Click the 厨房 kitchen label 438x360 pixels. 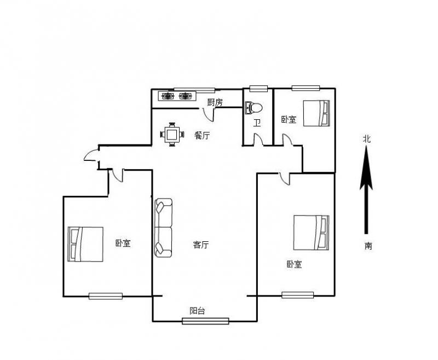[215, 102]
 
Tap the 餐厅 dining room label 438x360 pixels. [202, 135]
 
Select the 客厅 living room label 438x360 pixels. [201, 245]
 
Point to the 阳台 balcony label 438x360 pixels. [197, 311]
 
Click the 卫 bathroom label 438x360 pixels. [257, 123]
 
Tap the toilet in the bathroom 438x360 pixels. [253, 108]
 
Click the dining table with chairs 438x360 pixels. [172, 135]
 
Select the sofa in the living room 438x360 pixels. [163, 228]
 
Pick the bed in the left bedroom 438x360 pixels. [85, 244]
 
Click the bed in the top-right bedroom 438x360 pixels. [316, 113]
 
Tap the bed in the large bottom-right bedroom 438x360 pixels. [311, 233]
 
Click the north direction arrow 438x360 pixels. [366, 190]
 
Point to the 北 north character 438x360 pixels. [367, 139]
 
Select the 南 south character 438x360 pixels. [368, 246]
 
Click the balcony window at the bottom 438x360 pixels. [205, 321]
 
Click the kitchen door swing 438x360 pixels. [209, 114]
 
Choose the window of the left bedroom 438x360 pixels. [106, 296]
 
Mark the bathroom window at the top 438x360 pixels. [258, 89]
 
